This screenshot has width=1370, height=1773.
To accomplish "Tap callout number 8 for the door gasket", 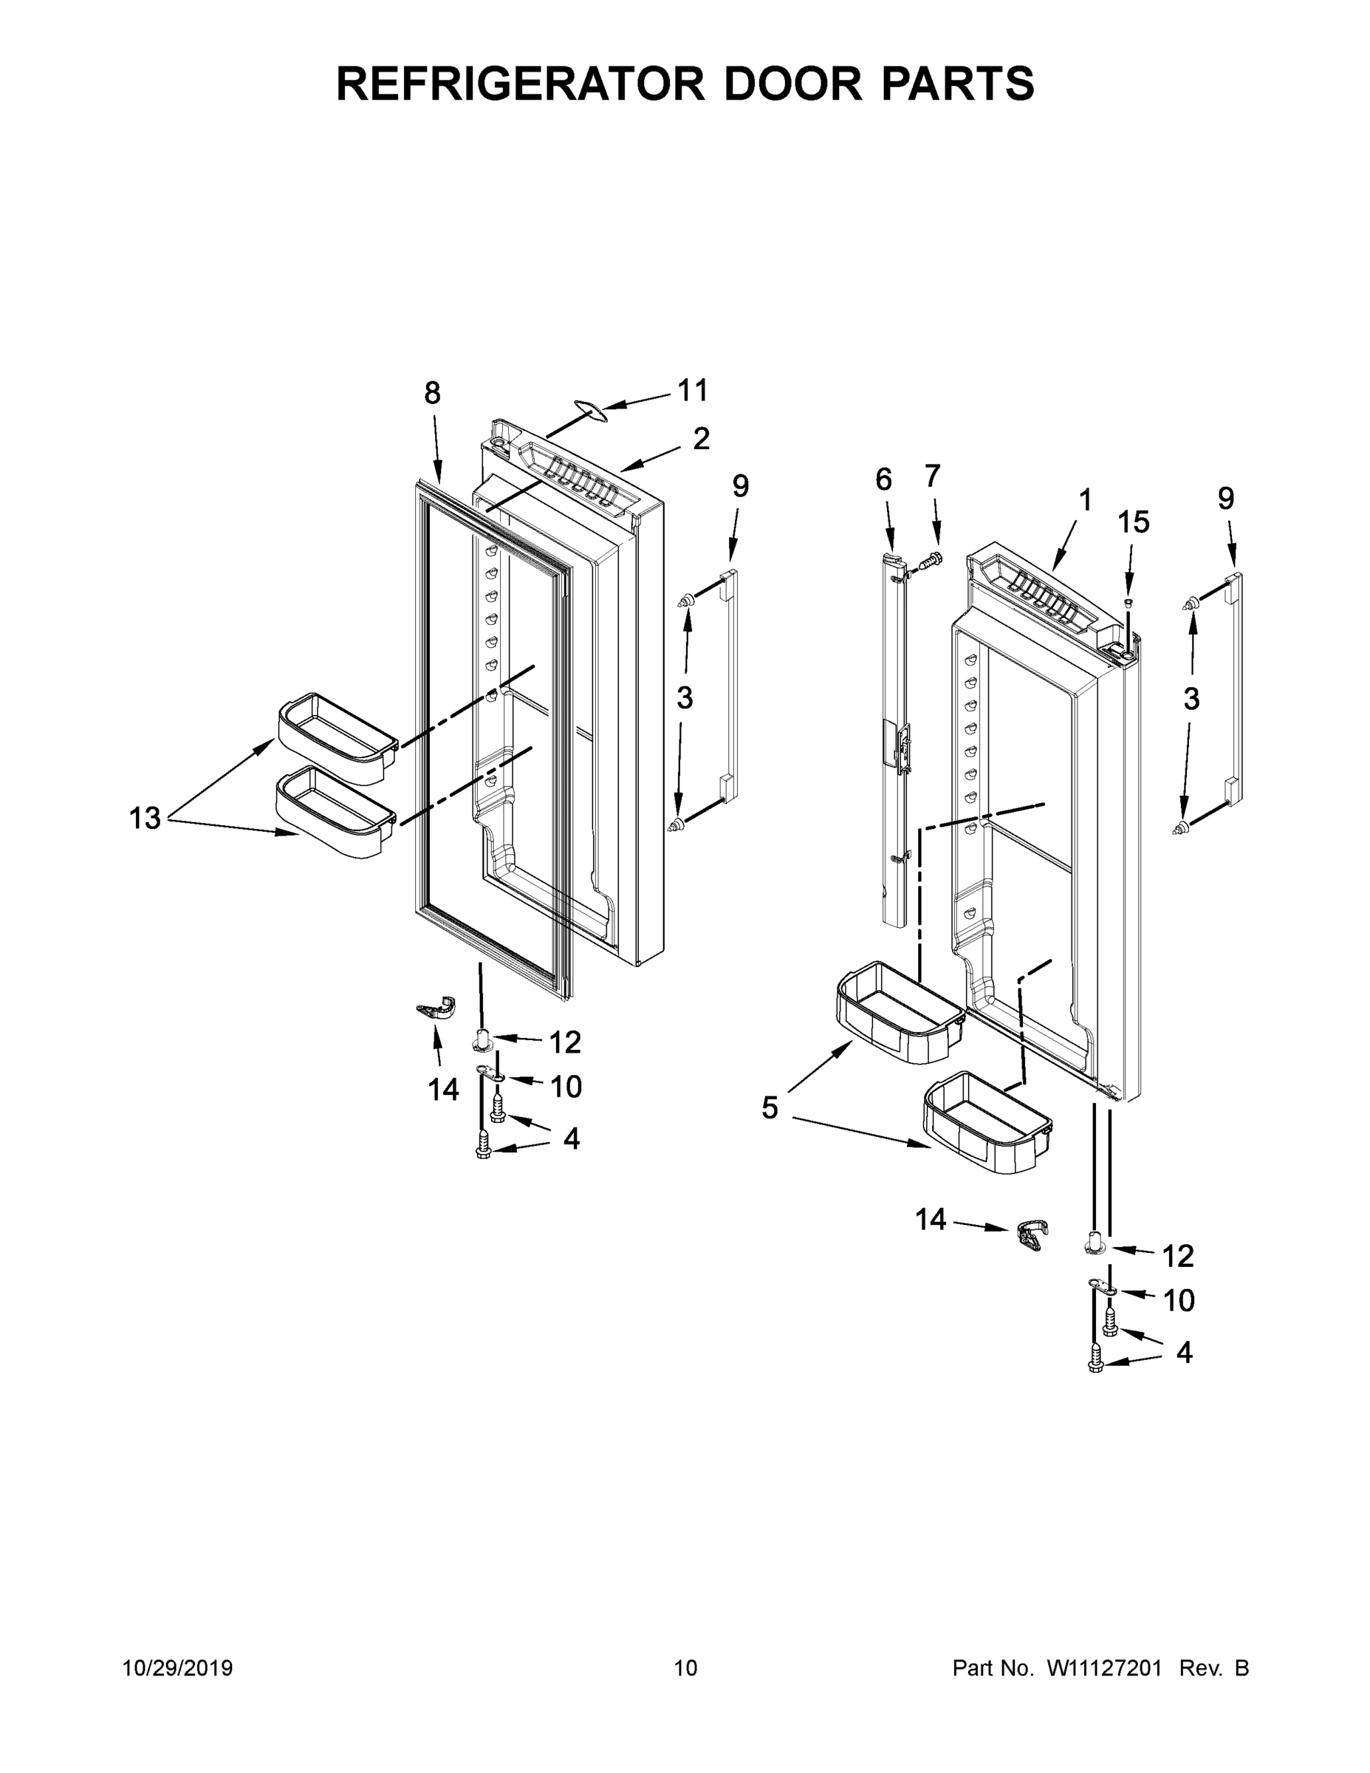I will click(x=432, y=394).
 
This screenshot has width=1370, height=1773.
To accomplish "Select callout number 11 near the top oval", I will click(x=692, y=391).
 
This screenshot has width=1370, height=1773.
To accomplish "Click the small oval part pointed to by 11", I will click(x=591, y=411).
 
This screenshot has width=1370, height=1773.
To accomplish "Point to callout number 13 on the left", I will click(x=145, y=819).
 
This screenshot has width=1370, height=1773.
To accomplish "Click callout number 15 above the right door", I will click(x=1133, y=522).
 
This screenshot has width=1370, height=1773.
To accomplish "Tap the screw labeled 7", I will click(x=933, y=559).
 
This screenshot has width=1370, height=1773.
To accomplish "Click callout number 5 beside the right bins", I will click(x=770, y=1107).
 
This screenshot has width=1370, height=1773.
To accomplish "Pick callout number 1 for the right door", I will click(x=1085, y=500).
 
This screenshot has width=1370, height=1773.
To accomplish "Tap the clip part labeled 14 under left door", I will click(x=436, y=1008).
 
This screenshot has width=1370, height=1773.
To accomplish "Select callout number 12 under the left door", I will click(x=565, y=1042).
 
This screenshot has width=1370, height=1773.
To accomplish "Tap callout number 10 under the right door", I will click(x=1179, y=1300).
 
